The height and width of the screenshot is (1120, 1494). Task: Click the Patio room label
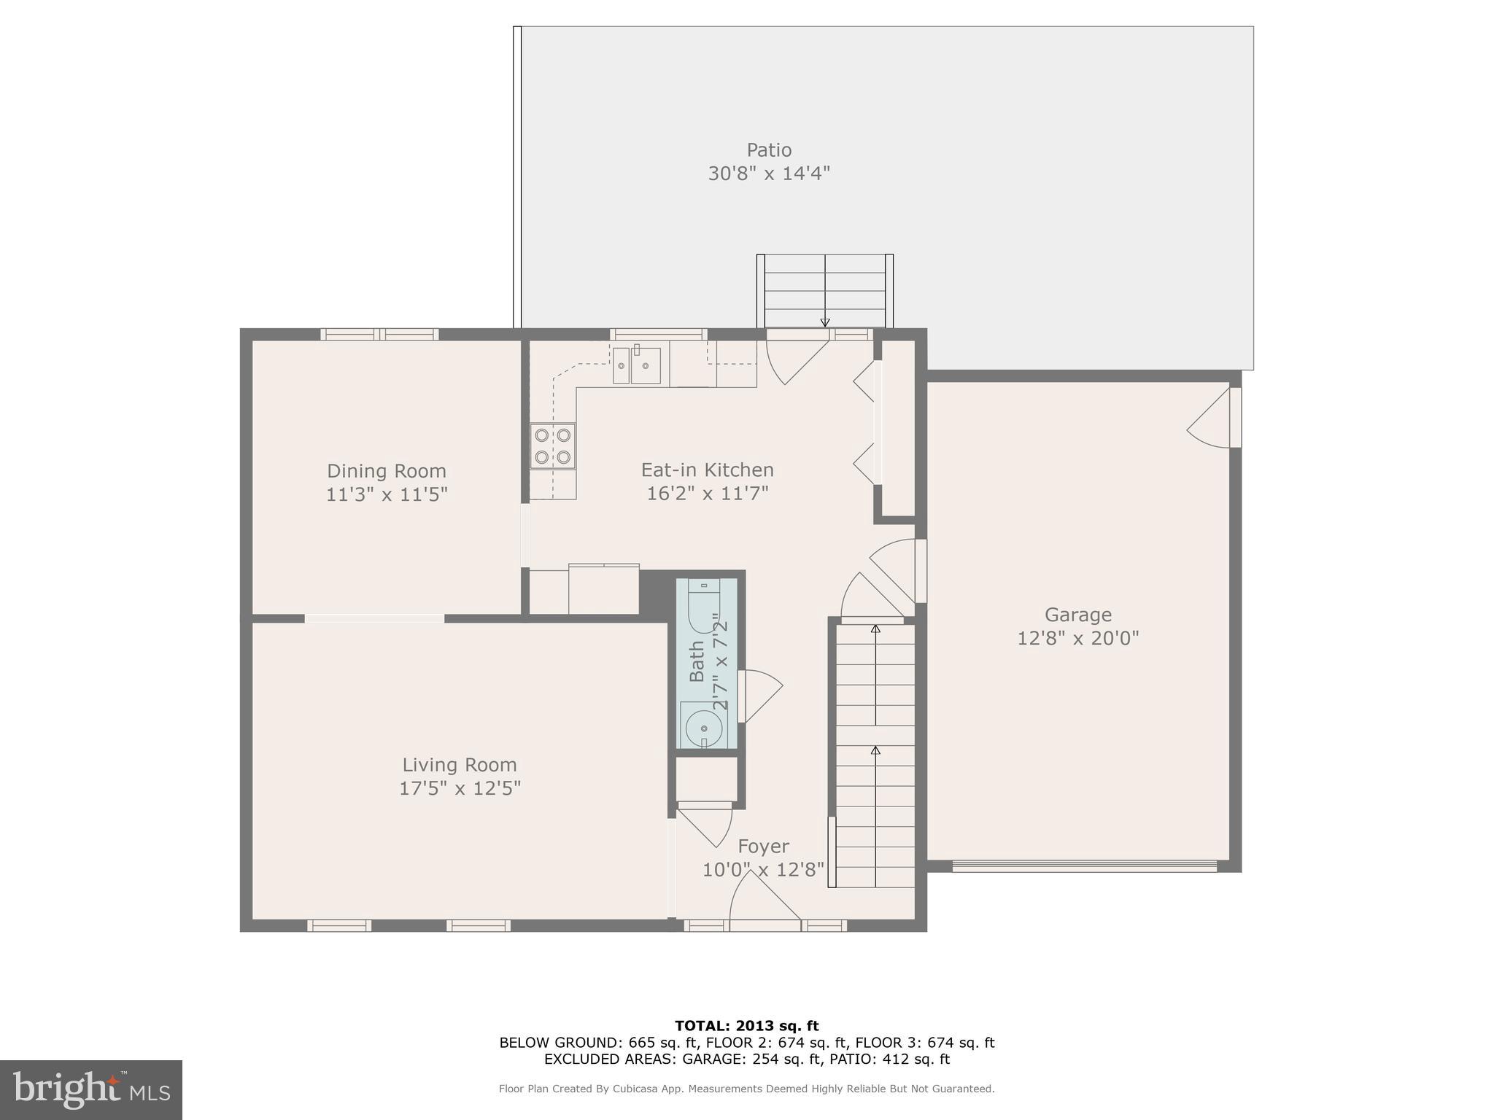pyautogui.click(x=769, y=150)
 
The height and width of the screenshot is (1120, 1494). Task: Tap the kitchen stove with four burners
pyautogui.click(x=552, y=446)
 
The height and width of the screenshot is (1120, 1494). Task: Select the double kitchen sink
pyautogui.click(x=636, y=365)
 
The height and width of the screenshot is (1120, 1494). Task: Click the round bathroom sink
pyautogui.click(x=703, y=728)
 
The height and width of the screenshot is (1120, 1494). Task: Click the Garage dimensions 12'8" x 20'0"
pyautogui.click(x=1077, y=639)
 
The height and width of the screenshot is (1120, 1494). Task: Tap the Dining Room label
pyautogui.click(x=386, y=471)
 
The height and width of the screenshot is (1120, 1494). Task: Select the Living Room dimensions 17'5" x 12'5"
pyautogui.click(x=460, y=788)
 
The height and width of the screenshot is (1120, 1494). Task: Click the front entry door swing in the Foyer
pyautogui.click(x=762, y=898)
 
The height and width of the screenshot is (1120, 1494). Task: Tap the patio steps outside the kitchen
pyautogui.click(x=825, y=292)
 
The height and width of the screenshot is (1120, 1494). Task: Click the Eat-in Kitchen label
pyautogui.click(x=707, y=470)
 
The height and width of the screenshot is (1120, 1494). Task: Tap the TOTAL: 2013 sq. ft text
pyautogui.click(x=746, y=1026)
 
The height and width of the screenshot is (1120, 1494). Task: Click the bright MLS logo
pyautogui.click(x=90, y=1089)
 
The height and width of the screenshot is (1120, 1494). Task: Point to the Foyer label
pyautogui.click(x=763, y=847)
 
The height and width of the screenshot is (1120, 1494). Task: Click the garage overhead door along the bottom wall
pyautogui.click(x=1084, y=866)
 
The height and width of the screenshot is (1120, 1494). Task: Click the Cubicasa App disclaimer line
pyautogui.click(x=746, y=1089)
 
